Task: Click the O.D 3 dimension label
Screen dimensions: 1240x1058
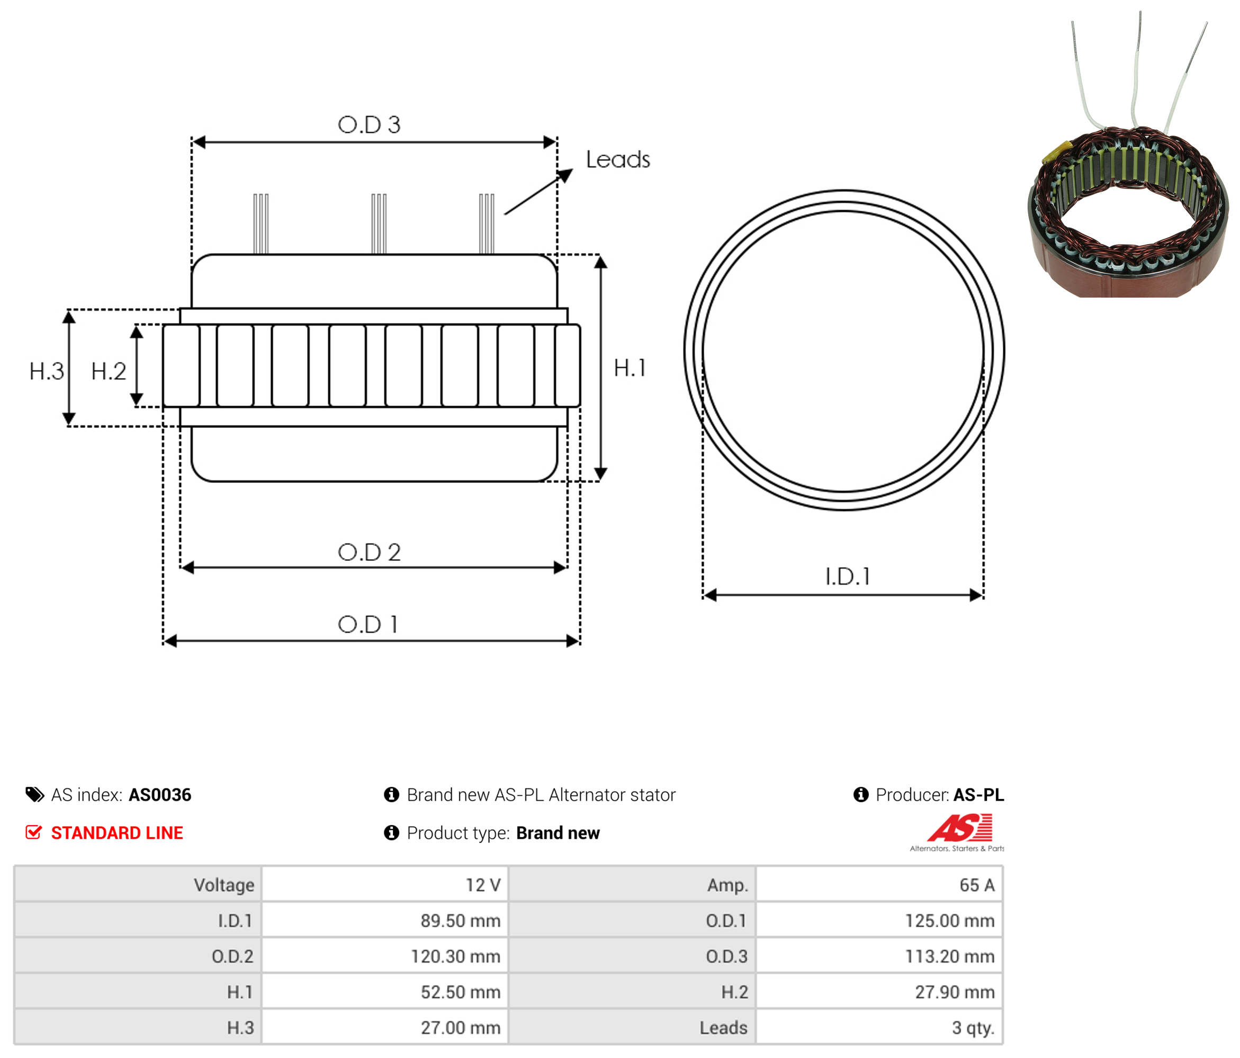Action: pyautogui.click(x=369, y=124)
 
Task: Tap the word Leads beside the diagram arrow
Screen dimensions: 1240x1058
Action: pyautogui.click(x=617, y=160)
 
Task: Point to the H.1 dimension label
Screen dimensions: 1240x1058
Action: pyautogui.click(x=630, y=368)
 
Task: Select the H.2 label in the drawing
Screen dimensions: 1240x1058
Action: pyautogui.click(x=109, y=372)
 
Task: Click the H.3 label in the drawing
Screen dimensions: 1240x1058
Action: pyautogui.click(x=46, y=372)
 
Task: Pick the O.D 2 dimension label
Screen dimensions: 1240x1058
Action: pyautogui.click(x=369, y=552)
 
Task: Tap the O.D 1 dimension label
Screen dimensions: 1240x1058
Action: pyautogui.click(x=368, y=625)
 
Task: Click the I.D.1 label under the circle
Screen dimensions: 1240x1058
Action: pyautogui.click(x=848, y=577)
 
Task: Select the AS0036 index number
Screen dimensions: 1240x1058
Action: pyautogui.click(x=160, y=795)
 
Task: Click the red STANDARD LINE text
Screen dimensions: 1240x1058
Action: pyautogui.click(x=116, y=833)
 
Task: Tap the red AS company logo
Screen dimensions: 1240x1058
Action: pyautogui.click(x=959, y=828)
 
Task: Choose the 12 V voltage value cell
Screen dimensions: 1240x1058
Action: pyautogui.click(x=385, y=884)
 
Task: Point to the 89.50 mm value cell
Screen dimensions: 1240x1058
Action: pyautogui.click(x=385, y=920)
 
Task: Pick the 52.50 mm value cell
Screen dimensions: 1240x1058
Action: pyautogui.click(x=385, y=992)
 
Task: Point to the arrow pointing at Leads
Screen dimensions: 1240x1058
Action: pyautogui.click(x=538, y=192)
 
